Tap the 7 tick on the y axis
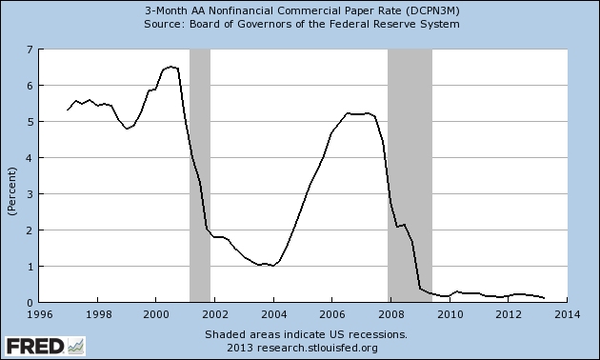coord(30,49)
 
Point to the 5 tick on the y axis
coord(30,122)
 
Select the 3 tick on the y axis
coord(30,194)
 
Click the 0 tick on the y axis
coord(30,303)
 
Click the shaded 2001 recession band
coord(199,171)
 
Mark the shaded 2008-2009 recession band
coord(410,171)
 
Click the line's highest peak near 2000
coord(170,67)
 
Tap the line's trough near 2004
coord(273,265)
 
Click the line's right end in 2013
coord(544,298)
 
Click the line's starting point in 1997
coord(68,110)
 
